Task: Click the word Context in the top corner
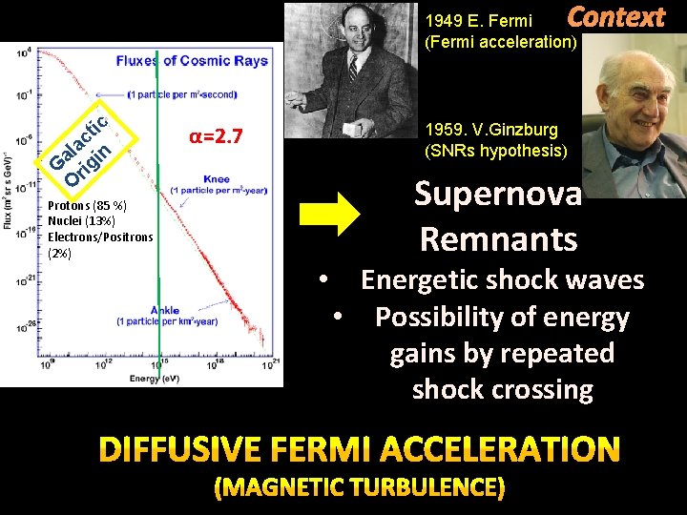(616, 17)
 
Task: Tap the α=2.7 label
(218, 139)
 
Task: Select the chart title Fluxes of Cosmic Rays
(192, 61)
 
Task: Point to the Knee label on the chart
(216, 178)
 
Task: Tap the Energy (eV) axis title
(154, 379)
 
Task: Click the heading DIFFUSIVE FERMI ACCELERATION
(359, 447)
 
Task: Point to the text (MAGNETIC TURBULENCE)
(359, 488)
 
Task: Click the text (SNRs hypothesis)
(495, 151)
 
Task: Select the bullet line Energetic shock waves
(502, 280)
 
